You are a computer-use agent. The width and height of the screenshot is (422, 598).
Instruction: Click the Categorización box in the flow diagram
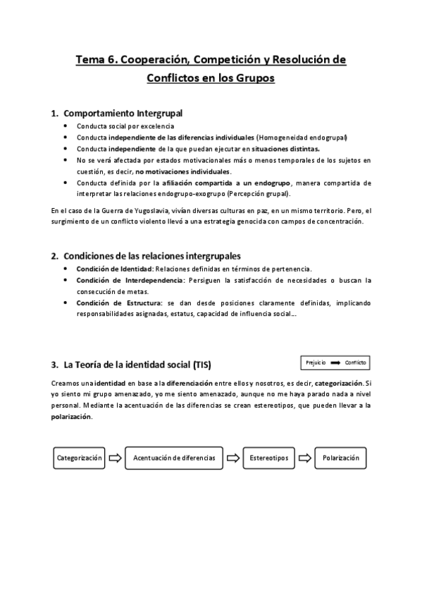79,458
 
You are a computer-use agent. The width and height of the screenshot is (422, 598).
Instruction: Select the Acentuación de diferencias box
174,458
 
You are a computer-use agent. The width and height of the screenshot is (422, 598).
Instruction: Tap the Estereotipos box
268,458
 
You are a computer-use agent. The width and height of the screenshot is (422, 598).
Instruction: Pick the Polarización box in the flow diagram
341,458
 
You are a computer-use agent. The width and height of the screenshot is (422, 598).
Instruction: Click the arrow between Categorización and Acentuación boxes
115,458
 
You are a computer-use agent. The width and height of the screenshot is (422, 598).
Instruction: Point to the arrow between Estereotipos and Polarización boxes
304,458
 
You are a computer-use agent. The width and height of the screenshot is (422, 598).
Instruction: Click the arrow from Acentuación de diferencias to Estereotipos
232,458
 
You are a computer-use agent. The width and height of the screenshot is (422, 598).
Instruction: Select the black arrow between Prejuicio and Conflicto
335,362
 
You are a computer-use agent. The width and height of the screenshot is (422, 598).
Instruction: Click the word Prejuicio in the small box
316,362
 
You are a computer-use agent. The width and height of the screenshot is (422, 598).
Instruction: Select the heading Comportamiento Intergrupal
124,113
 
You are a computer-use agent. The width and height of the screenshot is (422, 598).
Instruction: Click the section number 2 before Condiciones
54,255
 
